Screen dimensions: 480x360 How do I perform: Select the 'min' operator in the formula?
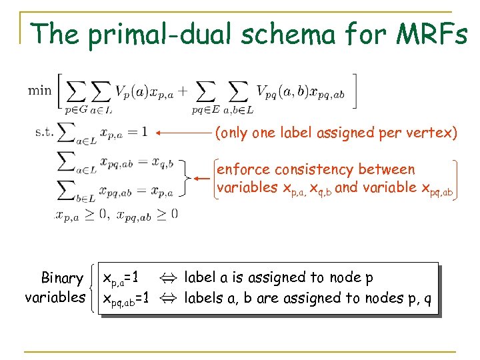(40, 89)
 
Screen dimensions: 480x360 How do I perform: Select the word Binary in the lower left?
(62, 278)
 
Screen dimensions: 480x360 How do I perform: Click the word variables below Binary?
(55, 297)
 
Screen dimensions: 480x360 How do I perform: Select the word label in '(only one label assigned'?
(299, 133)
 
